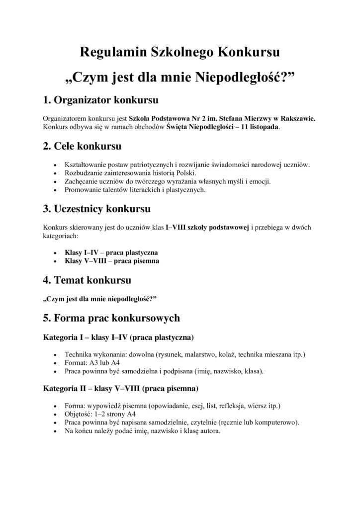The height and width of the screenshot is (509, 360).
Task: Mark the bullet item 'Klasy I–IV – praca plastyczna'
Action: point(112,253)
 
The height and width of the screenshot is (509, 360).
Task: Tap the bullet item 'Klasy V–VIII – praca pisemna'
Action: point(112,261)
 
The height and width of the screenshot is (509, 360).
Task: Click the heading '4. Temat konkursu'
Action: point(88,280)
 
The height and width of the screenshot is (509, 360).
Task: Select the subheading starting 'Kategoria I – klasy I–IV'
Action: point(118,337)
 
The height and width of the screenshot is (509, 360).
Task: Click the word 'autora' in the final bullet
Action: point(210,431)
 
